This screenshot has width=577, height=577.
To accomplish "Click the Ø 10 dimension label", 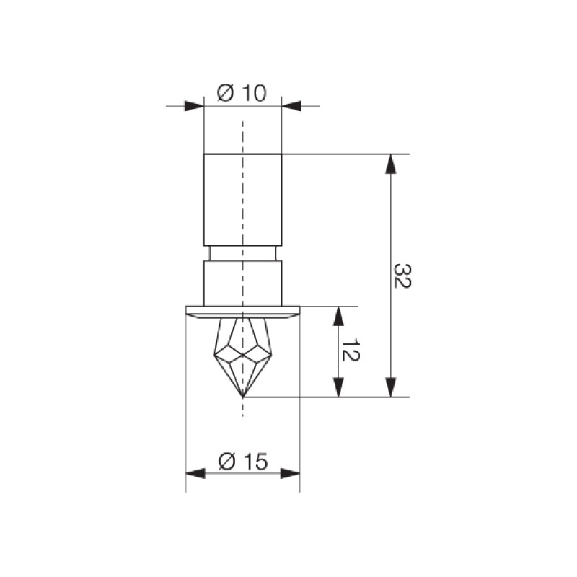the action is [x=242, y=93].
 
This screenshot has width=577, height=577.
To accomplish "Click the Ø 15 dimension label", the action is [x=243, y=461].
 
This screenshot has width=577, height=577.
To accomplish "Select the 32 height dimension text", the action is [x=402, y=276].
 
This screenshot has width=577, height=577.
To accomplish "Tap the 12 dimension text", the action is [x=351, y=351].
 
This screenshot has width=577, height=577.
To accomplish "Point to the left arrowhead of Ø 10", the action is [x=194, y=106].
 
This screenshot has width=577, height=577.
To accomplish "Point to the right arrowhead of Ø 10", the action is [x=291, y=106].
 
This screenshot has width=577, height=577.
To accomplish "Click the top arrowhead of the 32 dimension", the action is [x=391, y=164].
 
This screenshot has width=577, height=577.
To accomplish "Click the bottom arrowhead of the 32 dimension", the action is [x=391, y=387].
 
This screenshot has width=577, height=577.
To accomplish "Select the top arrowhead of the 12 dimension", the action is [x=338, y=316].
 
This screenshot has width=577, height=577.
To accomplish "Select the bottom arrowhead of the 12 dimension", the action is [x=338, y=387].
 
